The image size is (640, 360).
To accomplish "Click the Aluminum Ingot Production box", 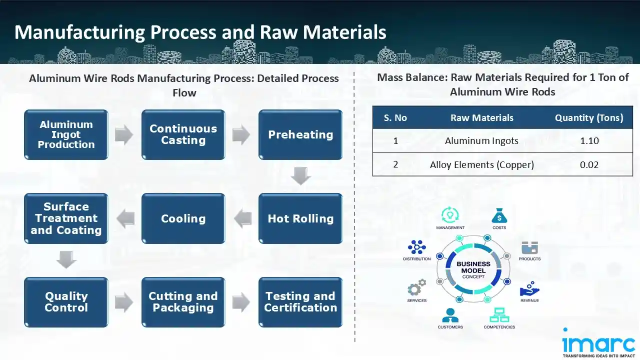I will tap(66, 134).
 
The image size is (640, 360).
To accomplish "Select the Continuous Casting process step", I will tap(183, 134).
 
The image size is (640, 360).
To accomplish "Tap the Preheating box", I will tap(300, 134).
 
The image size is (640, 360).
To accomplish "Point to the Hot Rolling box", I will tap(300, 218).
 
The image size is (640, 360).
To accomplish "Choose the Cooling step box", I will tap(183, 218).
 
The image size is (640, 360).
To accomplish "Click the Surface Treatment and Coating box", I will tap(66, 218).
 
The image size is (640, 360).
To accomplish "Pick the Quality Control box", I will tap(66, 302).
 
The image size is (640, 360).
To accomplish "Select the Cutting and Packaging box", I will tap(183, 302).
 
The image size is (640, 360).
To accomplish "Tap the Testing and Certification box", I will tap(300, 302).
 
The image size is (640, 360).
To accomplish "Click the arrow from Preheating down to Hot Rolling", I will tap(300, 176).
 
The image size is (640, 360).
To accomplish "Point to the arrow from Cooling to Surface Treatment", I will tap(125, 218).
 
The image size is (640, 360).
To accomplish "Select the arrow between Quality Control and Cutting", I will tap(124, 302).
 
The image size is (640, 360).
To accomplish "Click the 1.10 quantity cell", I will tap(589, 141).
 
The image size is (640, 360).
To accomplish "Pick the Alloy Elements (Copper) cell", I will tap(481, 164).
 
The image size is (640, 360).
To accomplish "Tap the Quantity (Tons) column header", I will tap(589, 118).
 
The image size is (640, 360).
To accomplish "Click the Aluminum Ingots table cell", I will tap(481, 141).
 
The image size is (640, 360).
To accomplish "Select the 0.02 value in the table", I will tap(589, 164).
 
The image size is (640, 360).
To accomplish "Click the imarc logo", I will tap(598, 344).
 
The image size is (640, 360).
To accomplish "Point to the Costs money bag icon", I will tap(499, 216).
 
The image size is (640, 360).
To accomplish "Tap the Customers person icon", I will tap(450, 315).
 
